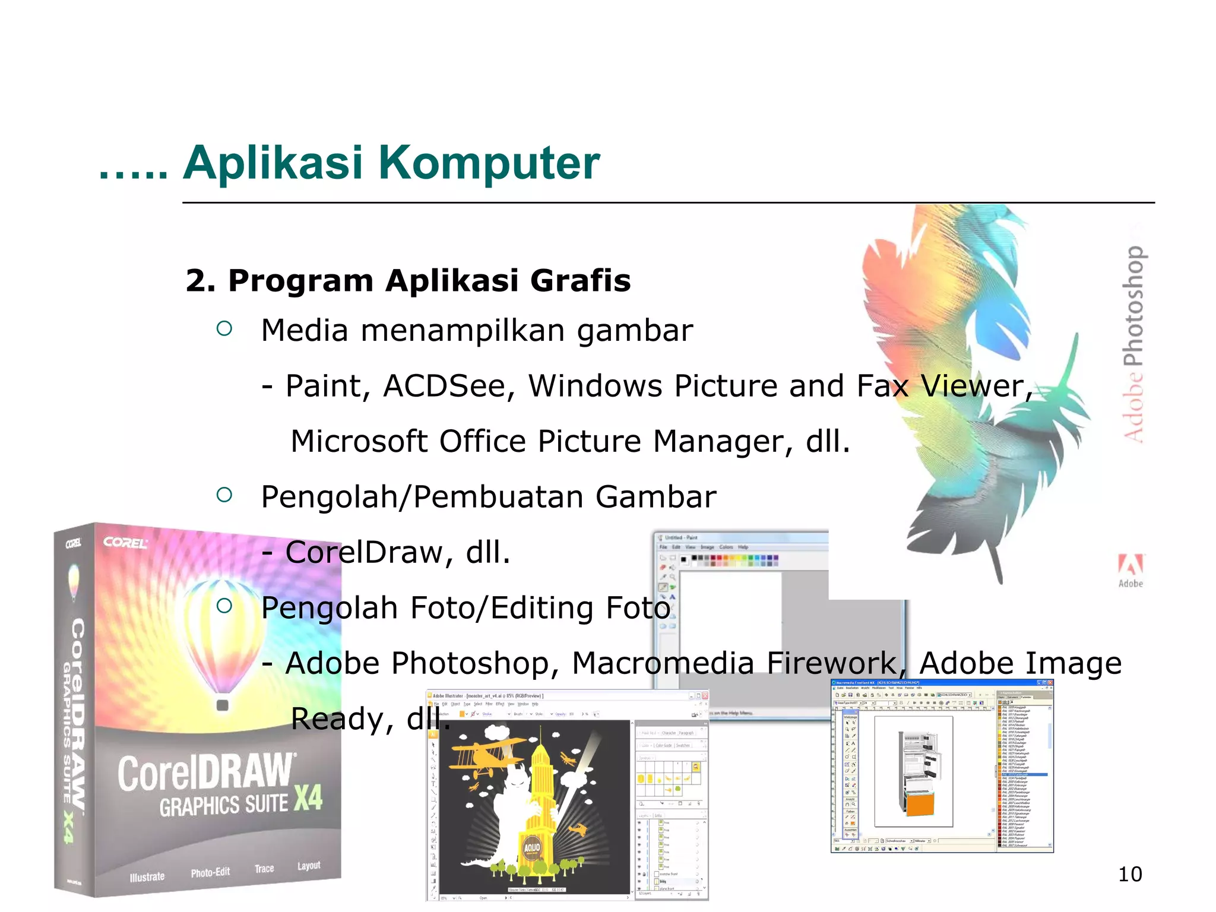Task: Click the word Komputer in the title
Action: (489, 163)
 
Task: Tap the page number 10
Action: (1129, 874)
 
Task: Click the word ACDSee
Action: (448, 386)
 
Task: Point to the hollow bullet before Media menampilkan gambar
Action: (224, 328)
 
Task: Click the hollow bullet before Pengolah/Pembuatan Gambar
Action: (224, 495)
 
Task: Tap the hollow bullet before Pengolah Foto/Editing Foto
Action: (224, 606)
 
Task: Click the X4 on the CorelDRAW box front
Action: (308, 797)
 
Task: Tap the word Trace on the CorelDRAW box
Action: (264, 869)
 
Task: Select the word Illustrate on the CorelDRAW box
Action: (147, 876)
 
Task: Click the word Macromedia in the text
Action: (663, 663)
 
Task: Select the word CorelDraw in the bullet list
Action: (364, 552)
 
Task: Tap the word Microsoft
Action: (359, 441)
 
